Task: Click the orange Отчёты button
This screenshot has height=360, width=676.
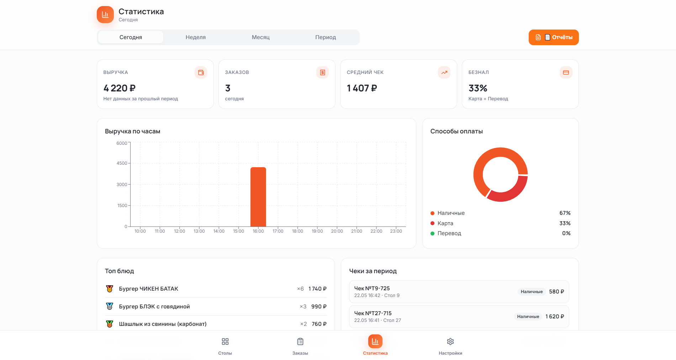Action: [553, 37]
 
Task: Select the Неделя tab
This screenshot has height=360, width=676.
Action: [196, 37]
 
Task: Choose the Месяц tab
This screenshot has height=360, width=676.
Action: [261, 37]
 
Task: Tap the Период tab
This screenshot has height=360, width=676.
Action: [326, 37]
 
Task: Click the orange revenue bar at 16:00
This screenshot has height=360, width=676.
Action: [258, 197]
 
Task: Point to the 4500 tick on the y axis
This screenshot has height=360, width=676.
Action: [122, 163]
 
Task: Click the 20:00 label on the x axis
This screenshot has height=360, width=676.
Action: [337, 231]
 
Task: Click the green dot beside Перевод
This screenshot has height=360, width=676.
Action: [433, 233]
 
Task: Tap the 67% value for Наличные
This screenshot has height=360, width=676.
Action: [565, 213]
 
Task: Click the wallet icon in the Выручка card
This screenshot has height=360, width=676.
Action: [201, 73]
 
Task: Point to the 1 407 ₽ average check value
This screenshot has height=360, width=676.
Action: [362, 88]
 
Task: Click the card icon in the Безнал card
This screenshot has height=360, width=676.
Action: [566, 73]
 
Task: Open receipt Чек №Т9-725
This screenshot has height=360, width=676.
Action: [459, 292]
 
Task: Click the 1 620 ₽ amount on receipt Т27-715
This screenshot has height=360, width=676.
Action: [555, 317]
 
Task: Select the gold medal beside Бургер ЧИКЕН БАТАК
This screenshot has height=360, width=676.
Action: [110, 289]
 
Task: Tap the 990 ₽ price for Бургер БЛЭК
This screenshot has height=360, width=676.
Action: [319, 307]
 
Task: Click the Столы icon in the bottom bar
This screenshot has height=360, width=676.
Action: [225, 342]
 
